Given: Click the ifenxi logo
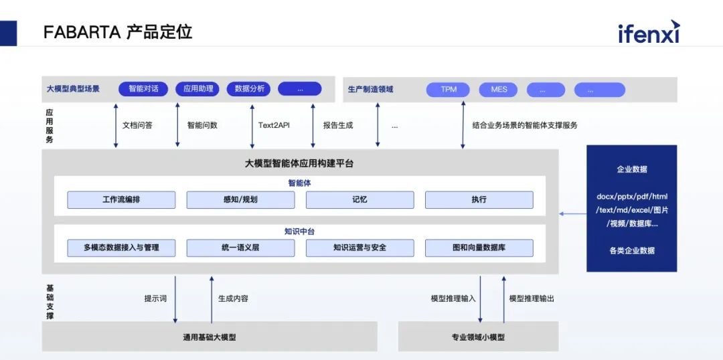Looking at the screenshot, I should [648, 32].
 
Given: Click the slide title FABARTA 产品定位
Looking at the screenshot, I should [118, 32].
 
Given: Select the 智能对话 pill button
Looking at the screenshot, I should [143, 88].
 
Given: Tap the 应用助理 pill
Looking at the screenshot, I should [197, 88].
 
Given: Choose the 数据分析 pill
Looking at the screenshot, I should [249, 88].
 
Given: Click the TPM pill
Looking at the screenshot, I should [449, 89].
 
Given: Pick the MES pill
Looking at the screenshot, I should [499, 89].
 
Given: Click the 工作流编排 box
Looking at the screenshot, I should [121, 199].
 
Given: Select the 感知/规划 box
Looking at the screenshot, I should [240, 199].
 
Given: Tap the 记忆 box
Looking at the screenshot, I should [359, 199].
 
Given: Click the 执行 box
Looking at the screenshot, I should [479, 199].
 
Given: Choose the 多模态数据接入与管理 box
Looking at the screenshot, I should [121, 248].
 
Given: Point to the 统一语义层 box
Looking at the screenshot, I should [240, 248].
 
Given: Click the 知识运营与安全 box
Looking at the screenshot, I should [359, 248].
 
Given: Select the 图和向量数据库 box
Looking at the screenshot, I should [479, 248].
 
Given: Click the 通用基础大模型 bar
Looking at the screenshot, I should [210, 337].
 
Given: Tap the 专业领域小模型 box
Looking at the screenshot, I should [478, 337].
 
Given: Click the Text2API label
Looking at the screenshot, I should [274, 125].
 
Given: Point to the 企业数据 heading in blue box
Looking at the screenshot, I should [631, 169].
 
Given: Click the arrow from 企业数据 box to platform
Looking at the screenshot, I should [572, 214].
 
